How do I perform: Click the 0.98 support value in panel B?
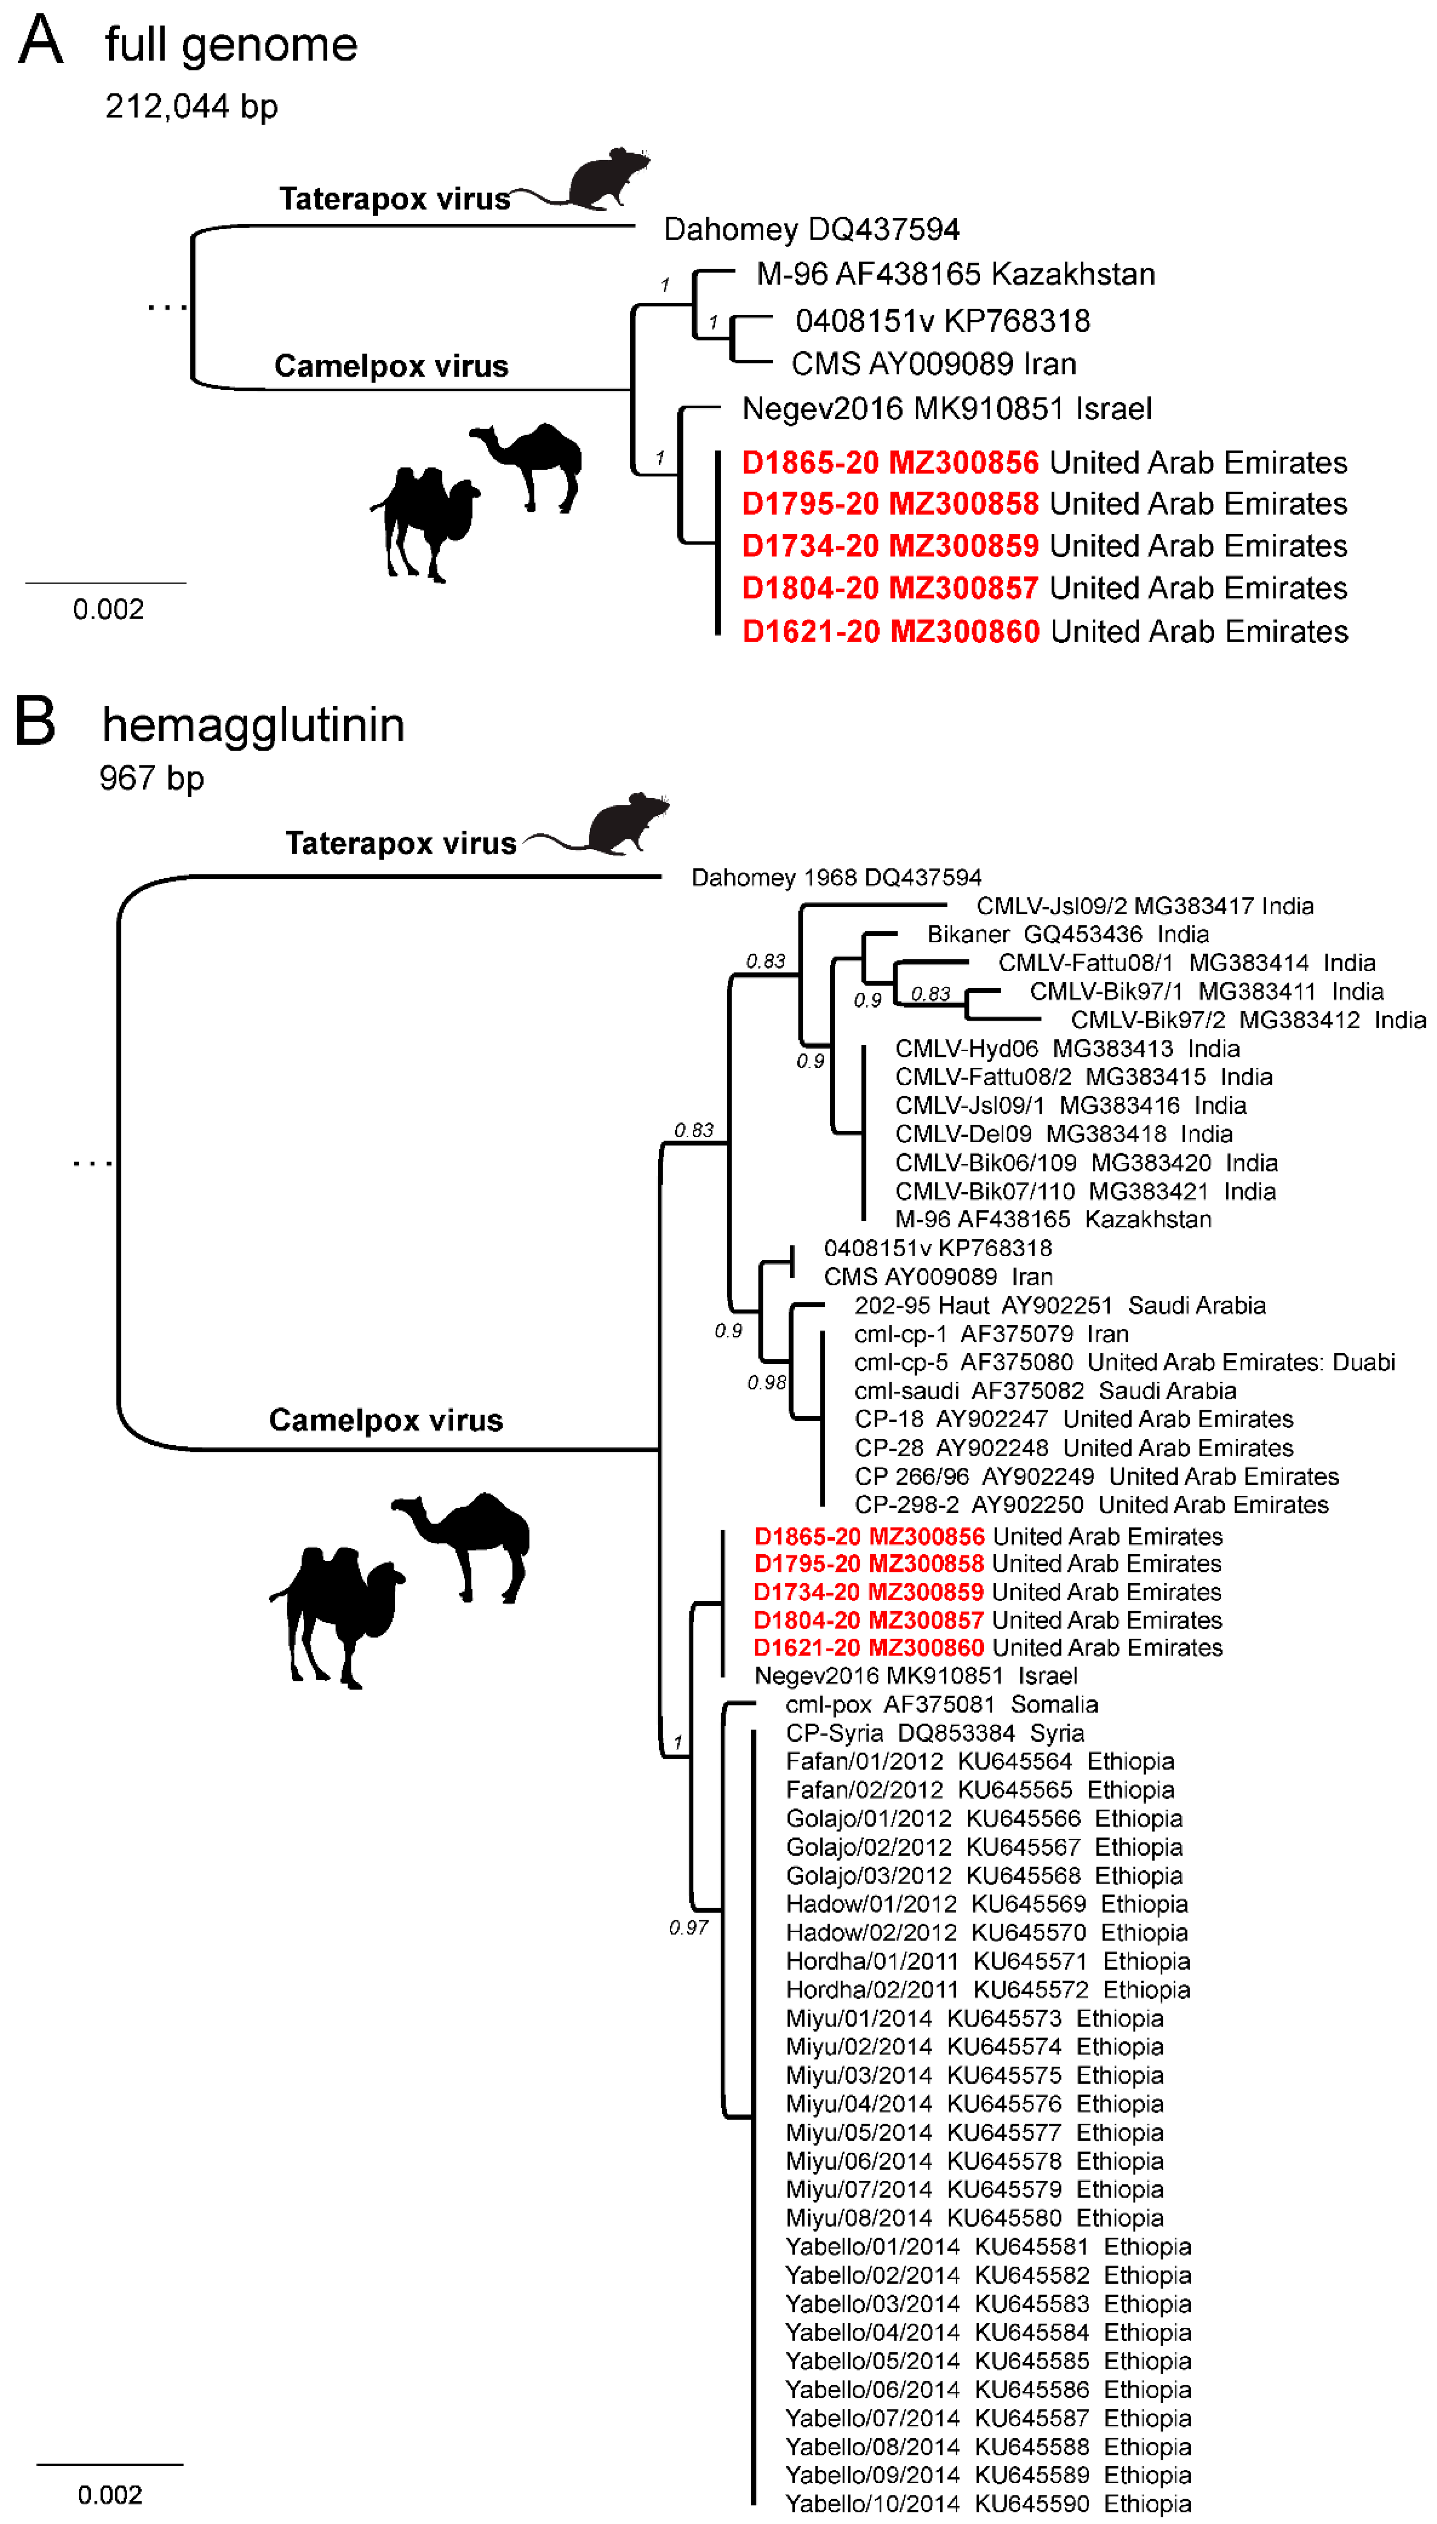click(x=766, y=1383)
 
